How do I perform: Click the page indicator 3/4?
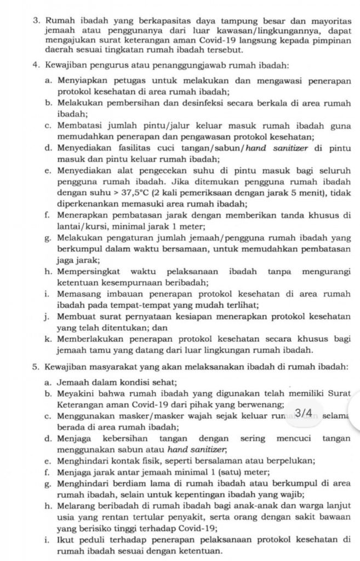(x=304, y=413)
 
